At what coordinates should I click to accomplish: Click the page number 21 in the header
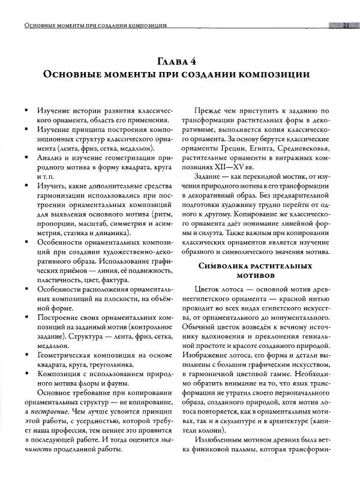(x=346, y=25)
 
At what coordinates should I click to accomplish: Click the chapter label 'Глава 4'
(x=180, y=62)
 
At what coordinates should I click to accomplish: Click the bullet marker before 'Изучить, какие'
(x=28, y=187)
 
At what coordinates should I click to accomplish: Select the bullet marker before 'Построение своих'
(x=28, y=316)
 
